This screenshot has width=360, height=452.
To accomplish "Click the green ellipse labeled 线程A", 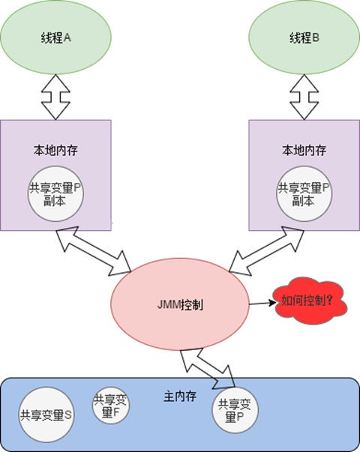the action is (55, 37).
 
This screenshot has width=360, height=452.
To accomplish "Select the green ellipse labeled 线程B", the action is (304, 37).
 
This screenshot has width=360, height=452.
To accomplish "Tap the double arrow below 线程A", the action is (55, 97).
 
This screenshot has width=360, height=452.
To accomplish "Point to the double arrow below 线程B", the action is (304, 97).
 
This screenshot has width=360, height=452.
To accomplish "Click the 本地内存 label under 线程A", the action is (55, 150).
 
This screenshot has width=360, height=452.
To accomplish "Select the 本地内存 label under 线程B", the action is (304, 150).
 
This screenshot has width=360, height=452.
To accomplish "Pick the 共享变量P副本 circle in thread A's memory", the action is (55, 193).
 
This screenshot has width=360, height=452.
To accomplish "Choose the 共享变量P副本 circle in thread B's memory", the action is (304, 193).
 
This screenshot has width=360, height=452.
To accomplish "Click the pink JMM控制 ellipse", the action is (180, 304).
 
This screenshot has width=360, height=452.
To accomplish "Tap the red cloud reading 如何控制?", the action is (310, 301).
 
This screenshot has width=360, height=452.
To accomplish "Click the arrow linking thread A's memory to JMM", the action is (94, 251).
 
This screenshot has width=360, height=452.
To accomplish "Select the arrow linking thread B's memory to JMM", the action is (266, 251).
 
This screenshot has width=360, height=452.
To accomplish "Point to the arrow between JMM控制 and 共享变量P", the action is (208, 368).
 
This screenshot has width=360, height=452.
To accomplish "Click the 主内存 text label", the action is (180, 397).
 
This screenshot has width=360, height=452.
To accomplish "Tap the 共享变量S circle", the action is (46, 415).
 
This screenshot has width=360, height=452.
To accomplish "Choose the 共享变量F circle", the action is (111, 406).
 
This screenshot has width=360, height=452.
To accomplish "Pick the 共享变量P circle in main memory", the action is (235, 410).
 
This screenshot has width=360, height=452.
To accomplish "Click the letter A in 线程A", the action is (67, 37).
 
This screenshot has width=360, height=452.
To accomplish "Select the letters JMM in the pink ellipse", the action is (169, 304).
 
